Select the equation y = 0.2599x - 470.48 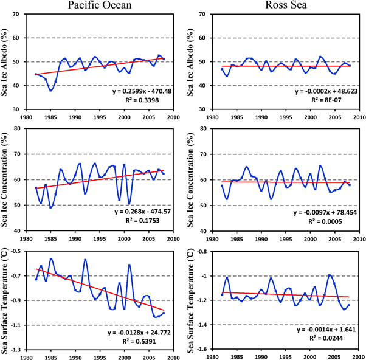(137, 92)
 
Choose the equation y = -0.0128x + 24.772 (137, 331)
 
